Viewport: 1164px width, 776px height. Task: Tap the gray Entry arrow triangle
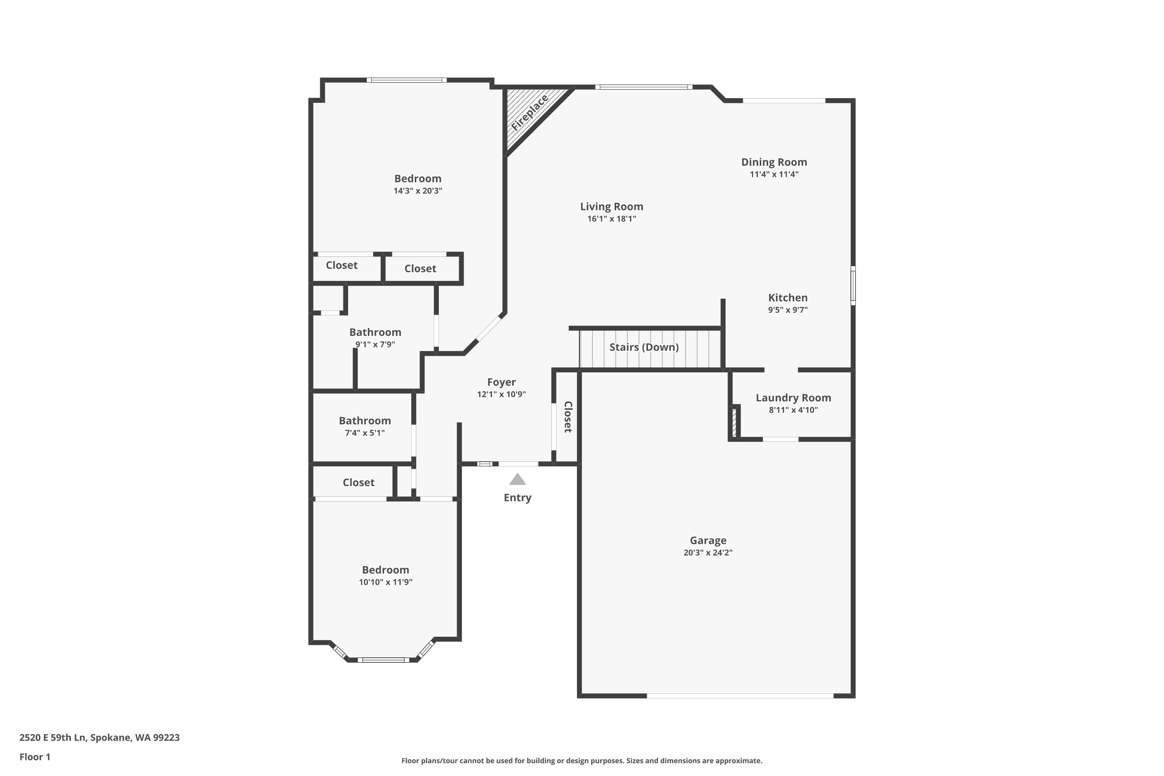517,480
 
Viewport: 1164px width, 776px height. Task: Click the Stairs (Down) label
643,347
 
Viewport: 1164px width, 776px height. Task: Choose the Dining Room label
774,162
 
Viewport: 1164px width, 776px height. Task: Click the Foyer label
501,382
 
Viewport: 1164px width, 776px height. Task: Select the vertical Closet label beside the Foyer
568,417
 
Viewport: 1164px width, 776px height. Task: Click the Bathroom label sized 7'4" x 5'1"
365,421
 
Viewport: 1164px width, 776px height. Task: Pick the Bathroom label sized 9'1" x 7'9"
375,332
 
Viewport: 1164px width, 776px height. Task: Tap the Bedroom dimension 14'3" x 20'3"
418,191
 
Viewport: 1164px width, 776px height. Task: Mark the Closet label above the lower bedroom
358,483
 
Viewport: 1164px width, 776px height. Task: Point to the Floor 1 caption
35,757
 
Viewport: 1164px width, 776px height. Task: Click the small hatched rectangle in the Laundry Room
734,421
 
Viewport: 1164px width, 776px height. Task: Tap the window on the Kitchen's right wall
853,285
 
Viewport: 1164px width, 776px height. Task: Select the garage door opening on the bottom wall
740,696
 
